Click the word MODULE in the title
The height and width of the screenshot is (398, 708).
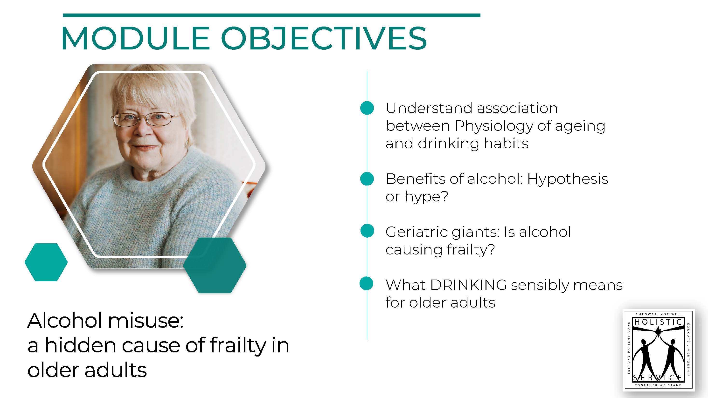(x=136, y=38)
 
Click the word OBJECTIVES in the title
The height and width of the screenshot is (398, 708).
(x=324, y=38)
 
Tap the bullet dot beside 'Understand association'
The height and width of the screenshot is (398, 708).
(x=367, y=108)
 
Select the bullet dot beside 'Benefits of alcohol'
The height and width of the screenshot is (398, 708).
(x=367, y=179)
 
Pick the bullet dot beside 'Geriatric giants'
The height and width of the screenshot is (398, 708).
(x=367, y=231)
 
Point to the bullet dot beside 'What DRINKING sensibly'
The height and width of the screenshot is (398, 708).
(x=366, y=283)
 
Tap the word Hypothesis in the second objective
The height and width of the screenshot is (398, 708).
(x=567, y=179)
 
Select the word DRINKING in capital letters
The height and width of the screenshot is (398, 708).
(x=468, y=285)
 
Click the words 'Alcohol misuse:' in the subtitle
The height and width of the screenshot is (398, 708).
(x=105, y=321)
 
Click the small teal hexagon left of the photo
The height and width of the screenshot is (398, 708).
(x=46, y=262)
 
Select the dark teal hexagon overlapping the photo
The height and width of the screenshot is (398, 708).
(x=215, y=265)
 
